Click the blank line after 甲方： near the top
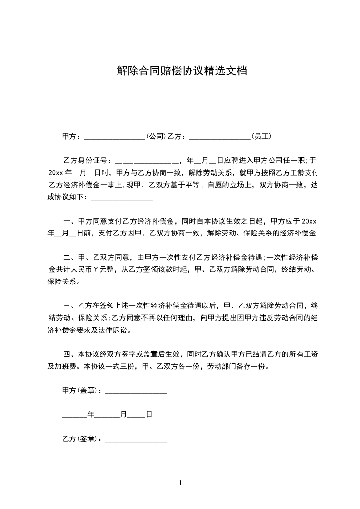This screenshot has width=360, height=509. point(114,136)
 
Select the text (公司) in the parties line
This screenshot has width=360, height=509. point(155,136)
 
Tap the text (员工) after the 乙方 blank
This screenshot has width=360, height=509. point(262,136)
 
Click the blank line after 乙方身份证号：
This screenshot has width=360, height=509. point(148,161)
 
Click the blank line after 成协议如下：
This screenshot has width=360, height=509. point(122,197)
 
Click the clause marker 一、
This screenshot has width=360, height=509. point(69,222)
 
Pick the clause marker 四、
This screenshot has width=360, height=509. point(69,354)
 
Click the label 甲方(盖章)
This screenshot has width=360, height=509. point(80,391)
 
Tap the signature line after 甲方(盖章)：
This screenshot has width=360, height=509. point(136,391)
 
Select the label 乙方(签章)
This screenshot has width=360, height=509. point(80,439)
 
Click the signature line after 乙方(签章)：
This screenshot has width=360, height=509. point(136,439)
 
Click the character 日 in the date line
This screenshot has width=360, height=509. point(148,415)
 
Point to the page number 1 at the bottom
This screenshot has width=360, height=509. point(180,484)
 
